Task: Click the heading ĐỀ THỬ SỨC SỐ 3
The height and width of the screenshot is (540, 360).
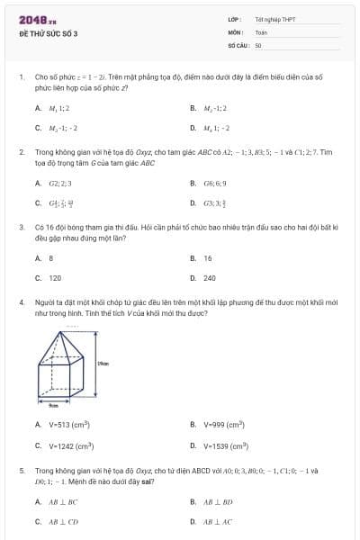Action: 49,33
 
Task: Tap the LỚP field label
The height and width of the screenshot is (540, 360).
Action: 234,19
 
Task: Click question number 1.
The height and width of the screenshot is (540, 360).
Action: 21,78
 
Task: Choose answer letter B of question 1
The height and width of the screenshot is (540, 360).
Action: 193,108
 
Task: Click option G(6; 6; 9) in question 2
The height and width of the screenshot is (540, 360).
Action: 214,184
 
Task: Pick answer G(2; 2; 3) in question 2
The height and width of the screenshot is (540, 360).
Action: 59,184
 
